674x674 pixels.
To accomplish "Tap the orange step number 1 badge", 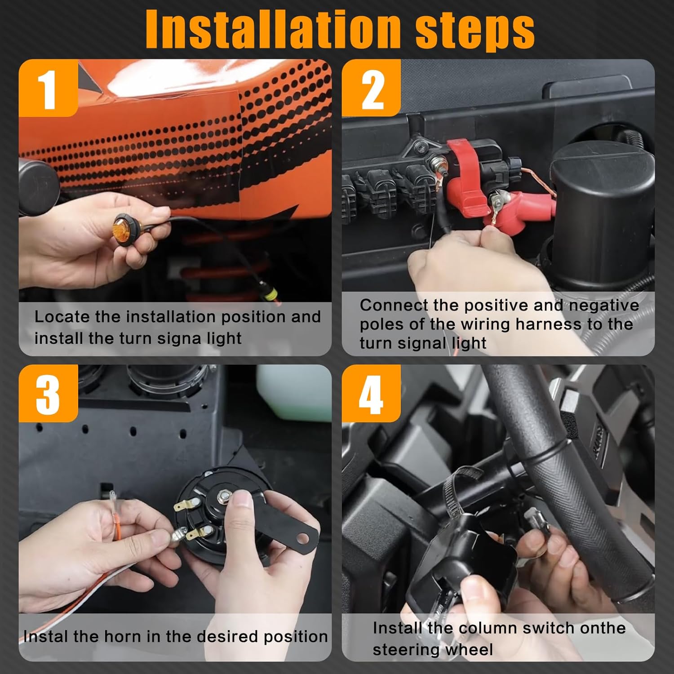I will tap(48, 89).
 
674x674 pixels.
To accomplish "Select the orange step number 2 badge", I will tap(371, 89).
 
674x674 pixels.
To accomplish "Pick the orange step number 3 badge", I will tap(48, 394).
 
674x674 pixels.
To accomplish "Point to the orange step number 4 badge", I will tap(371, 394).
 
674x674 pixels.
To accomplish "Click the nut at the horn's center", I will tap(223, 497).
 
